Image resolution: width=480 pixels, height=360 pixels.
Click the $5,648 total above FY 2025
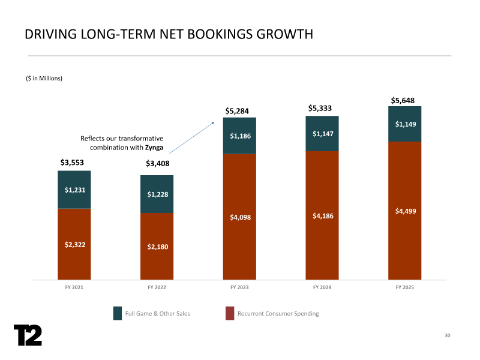(403, 100)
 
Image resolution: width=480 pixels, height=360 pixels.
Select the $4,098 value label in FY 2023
(239, 217)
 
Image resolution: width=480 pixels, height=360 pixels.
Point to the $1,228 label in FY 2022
(157, 194)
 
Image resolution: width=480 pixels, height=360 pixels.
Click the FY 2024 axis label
(322, 288)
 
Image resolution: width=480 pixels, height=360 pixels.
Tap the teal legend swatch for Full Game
(118, 313)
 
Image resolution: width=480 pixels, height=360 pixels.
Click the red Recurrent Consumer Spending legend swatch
(230, 313)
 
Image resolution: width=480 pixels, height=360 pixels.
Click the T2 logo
(28, 335)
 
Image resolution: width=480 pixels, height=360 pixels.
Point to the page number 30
(447, 335)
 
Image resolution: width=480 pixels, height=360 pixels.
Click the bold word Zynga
(154, 148)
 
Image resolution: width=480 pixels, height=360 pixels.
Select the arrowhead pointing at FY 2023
(214, 122)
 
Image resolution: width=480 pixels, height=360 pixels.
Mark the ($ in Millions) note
(44, 78)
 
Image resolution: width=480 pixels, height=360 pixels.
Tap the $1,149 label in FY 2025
(405, 124)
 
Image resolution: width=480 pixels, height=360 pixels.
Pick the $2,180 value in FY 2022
(157, 247)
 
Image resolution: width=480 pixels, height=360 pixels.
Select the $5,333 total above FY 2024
(320, 108)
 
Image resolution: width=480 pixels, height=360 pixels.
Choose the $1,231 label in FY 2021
(74, 190)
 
